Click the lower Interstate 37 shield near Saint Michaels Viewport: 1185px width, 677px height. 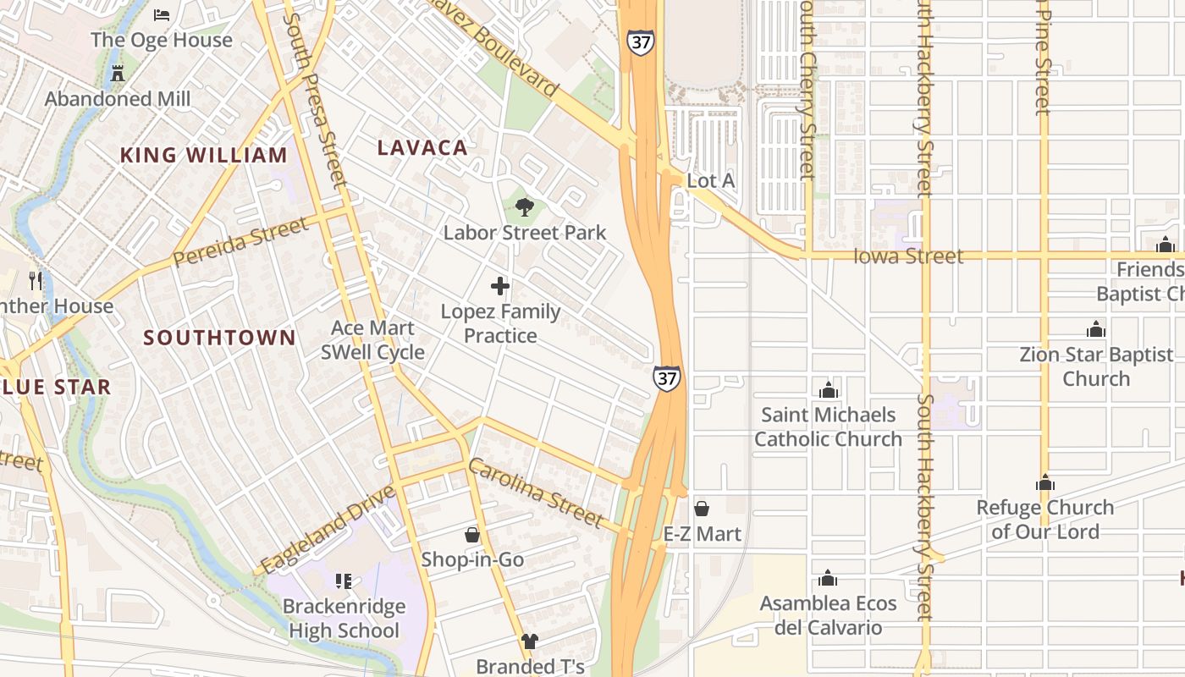click(667, 378)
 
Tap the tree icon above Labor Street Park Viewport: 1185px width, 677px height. click(525, 206)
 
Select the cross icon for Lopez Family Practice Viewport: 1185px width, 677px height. click(500, 286)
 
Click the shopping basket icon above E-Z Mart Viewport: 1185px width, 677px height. click(702, 509)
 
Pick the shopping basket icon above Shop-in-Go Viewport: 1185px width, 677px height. click(472, 535)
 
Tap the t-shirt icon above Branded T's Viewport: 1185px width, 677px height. click(530, 641)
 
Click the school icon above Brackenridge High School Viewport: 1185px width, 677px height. click(343, 581)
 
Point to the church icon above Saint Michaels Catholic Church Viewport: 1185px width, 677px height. click(828, 390)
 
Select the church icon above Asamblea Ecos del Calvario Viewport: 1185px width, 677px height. click(828, 579)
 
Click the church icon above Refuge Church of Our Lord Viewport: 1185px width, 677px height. click(1045, 483)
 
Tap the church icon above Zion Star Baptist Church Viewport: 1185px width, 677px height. click(1096, 329)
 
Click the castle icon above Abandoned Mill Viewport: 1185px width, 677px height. click(118, 74)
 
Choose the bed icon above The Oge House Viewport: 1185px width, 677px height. click(162, 15)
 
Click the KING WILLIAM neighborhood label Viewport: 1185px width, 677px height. click(203, 155)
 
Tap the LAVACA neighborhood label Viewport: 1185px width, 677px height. click(422, 147)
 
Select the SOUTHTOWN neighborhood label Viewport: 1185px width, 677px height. click(219, 338)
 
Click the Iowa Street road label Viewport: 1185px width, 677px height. click(908, 256)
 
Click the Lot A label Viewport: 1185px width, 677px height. click(710, 181)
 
